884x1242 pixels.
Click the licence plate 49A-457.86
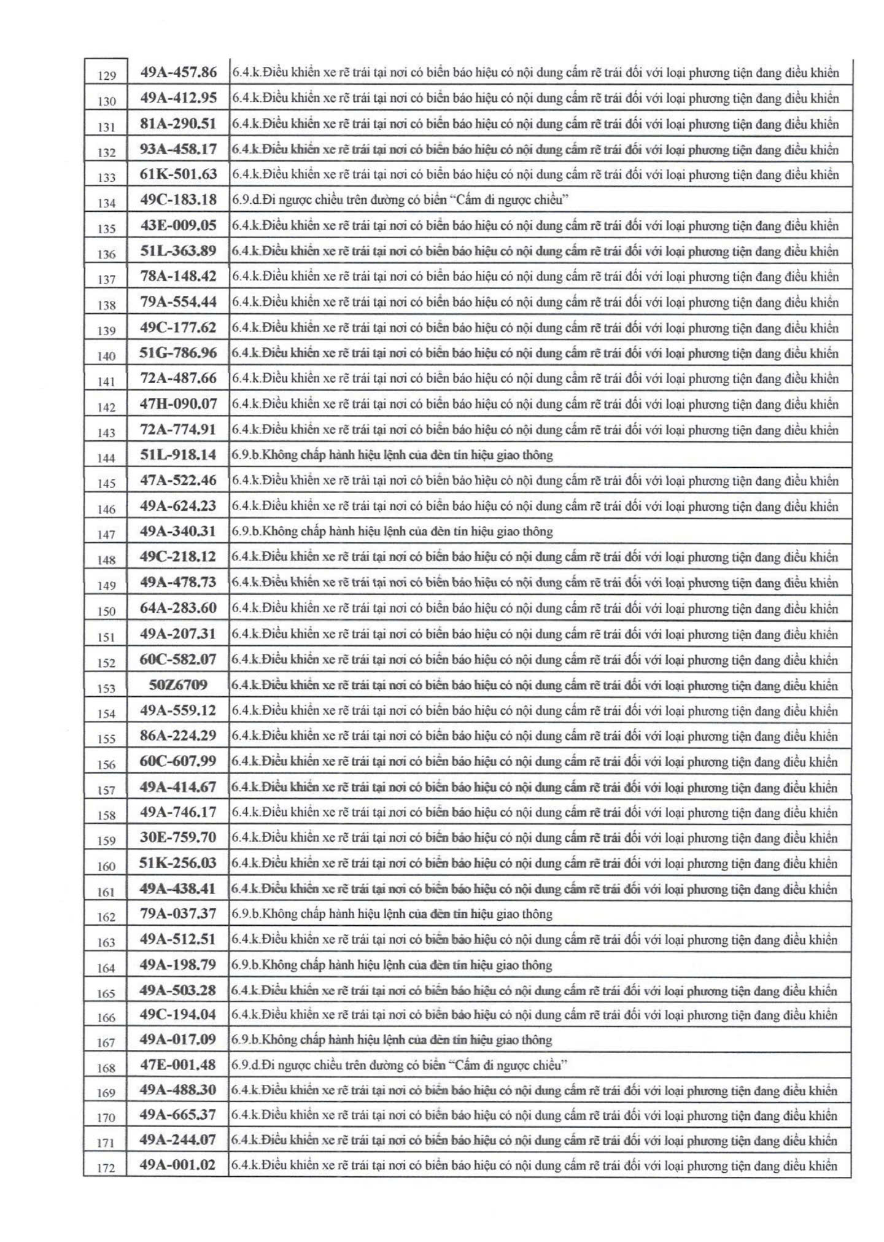pyautogui.click(x=179, y=72)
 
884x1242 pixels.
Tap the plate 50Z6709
pyautogui.click(x=179, y=685)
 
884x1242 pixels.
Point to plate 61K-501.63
pyautogui.click(x=179, y=174)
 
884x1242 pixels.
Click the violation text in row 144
pyautogui.click(x=392, y=455)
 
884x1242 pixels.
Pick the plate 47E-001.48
pyautogui.click(x=178, y=1065)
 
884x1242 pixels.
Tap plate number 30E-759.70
pyautogui.click(x=178, y=837)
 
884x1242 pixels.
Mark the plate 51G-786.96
pyautogui.click(x=179, y=353)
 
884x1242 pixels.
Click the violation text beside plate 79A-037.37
pyautogui.click(x=392, y=914)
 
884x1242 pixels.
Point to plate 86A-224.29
pyautogui.click(x=179, y=735)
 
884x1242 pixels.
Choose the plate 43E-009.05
pyautogui.click(x=179, y=225)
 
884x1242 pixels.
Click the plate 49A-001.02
pyautogui.click(x=178, y=1165)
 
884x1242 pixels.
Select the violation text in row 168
pyautogui.click(x=400, y=1065)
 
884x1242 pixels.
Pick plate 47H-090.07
pyautogui.click(x=179, y=404)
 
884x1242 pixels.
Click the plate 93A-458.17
pyautogui.click(x=179, y=149)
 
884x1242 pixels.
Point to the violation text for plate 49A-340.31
pyautogui.click(x=392, y=532)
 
